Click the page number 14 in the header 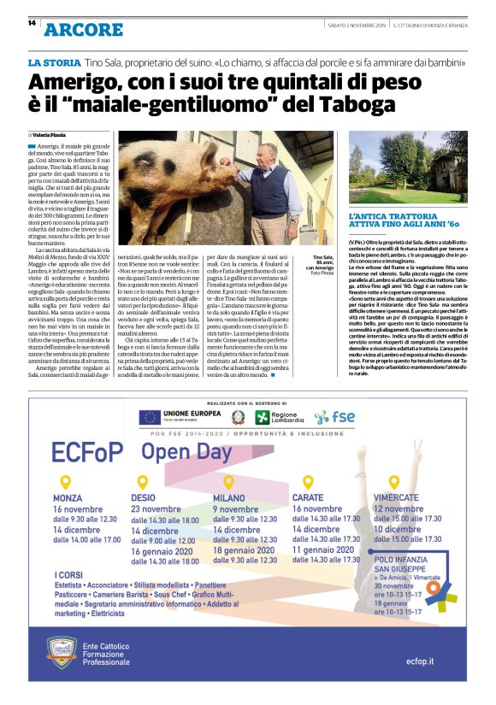coord(32,23)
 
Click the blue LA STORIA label coord(56,64)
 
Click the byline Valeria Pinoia coord(50,135)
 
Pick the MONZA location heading coord(68,497)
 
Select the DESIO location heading coord(144,497)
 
